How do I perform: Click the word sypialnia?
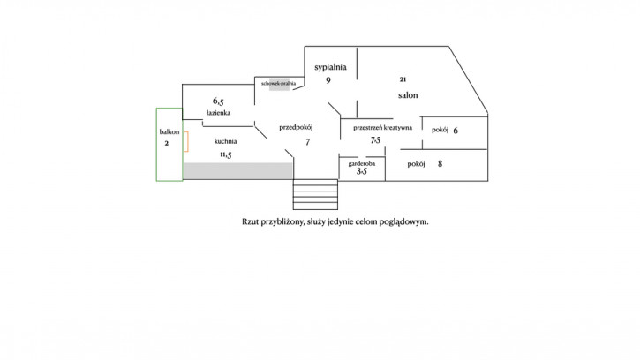[330, 67]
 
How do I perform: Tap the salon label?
[408, 95]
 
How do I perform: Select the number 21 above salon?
[403, 79]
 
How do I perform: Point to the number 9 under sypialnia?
[328, 80]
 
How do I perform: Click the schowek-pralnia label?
[278, 83]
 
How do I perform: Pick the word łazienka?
[218, 113]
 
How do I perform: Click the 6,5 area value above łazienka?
[218, 101]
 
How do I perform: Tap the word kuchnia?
[225, 141]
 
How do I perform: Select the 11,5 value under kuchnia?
[226, 154]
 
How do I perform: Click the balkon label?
[169, 131]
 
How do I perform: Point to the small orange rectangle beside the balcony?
[185, 142]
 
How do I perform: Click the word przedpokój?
[296, 127]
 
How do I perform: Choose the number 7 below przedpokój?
[308, 142]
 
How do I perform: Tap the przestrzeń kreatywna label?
[382, 127]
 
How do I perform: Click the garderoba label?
[362, 163]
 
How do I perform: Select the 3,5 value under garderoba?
[362, 171]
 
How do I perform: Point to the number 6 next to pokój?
[456, 131]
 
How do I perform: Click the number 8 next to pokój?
[440, 163]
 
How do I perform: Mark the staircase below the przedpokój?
[315, 194]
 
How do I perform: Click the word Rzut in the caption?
[250, 221]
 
